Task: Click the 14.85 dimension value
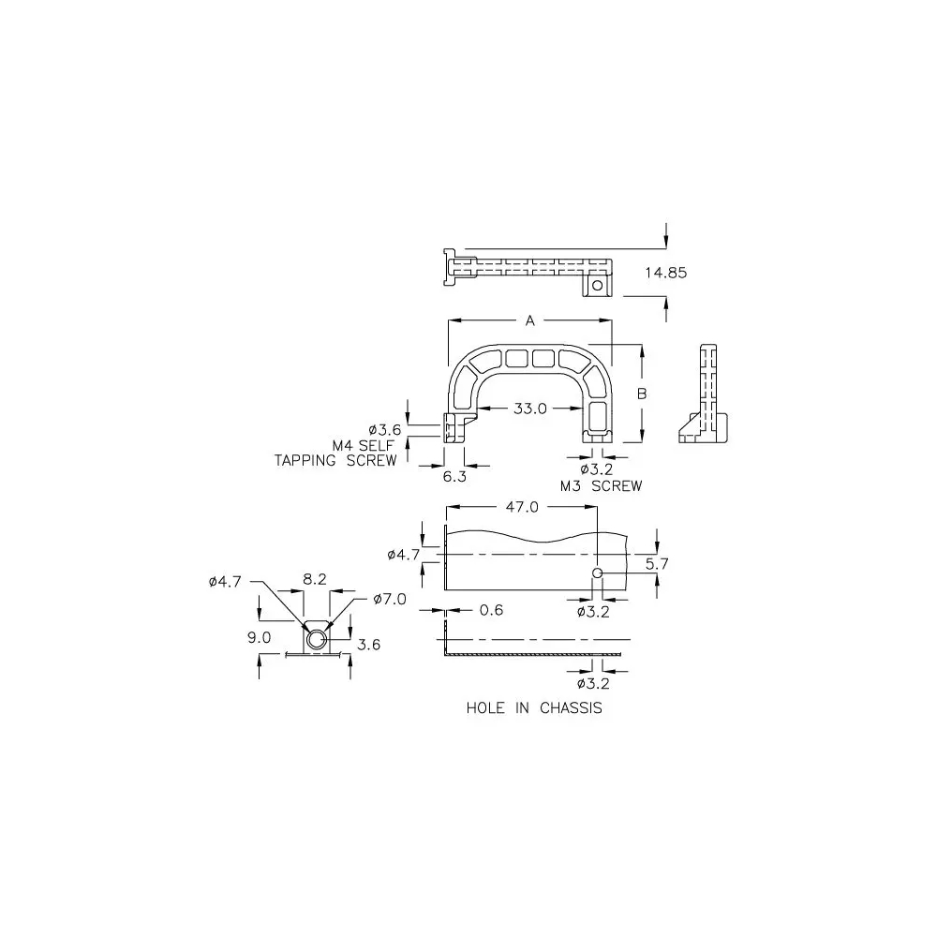click(x=665, y=273)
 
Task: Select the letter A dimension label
click(x=530, y=320)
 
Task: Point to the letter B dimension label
click(x=642, y=394)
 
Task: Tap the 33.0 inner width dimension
click(x=530, y=409)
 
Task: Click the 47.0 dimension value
click(x=522, y=507)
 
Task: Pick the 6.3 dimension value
click(x=454, y=477)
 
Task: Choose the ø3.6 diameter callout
click(x=385, y=430)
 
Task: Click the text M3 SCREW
click(x=602, y=486)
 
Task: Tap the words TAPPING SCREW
click(x=335, y=461)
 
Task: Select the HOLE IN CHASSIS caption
click(x=534, y=708)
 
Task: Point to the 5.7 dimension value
click(x=657, y=563)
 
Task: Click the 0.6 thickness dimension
click(x=491, y=610)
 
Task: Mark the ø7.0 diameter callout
click(x=390, y=599)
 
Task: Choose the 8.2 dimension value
click(x=314, y=579)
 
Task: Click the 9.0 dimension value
click(x=260, y=637)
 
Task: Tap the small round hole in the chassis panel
click(x=597, y=573)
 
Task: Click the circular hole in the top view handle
click(x=597, y=286)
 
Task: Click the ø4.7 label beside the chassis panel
click(x=404, y=555)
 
